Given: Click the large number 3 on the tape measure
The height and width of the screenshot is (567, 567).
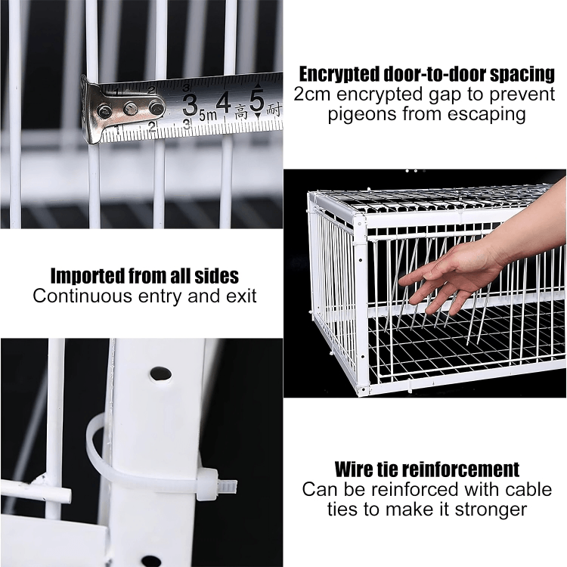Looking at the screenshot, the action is pos(190,106).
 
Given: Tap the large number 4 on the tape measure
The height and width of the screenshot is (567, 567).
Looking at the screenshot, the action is pos(223,102).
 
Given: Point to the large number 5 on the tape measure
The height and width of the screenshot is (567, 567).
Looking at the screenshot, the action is pos(256,101).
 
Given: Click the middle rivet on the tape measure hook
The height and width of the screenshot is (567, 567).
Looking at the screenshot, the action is pos(131,108).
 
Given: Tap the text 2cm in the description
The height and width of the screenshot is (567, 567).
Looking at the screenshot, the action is pos(313,94).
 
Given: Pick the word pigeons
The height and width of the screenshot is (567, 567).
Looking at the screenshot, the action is pos(362,115).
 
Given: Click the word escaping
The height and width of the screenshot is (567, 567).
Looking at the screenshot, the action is pos(486,115).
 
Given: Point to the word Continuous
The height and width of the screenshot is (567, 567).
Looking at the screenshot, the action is pos(82,296).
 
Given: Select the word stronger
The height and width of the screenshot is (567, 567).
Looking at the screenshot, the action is pos(491,510).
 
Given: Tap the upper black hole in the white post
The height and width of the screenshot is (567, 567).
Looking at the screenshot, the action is pos(160,374).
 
